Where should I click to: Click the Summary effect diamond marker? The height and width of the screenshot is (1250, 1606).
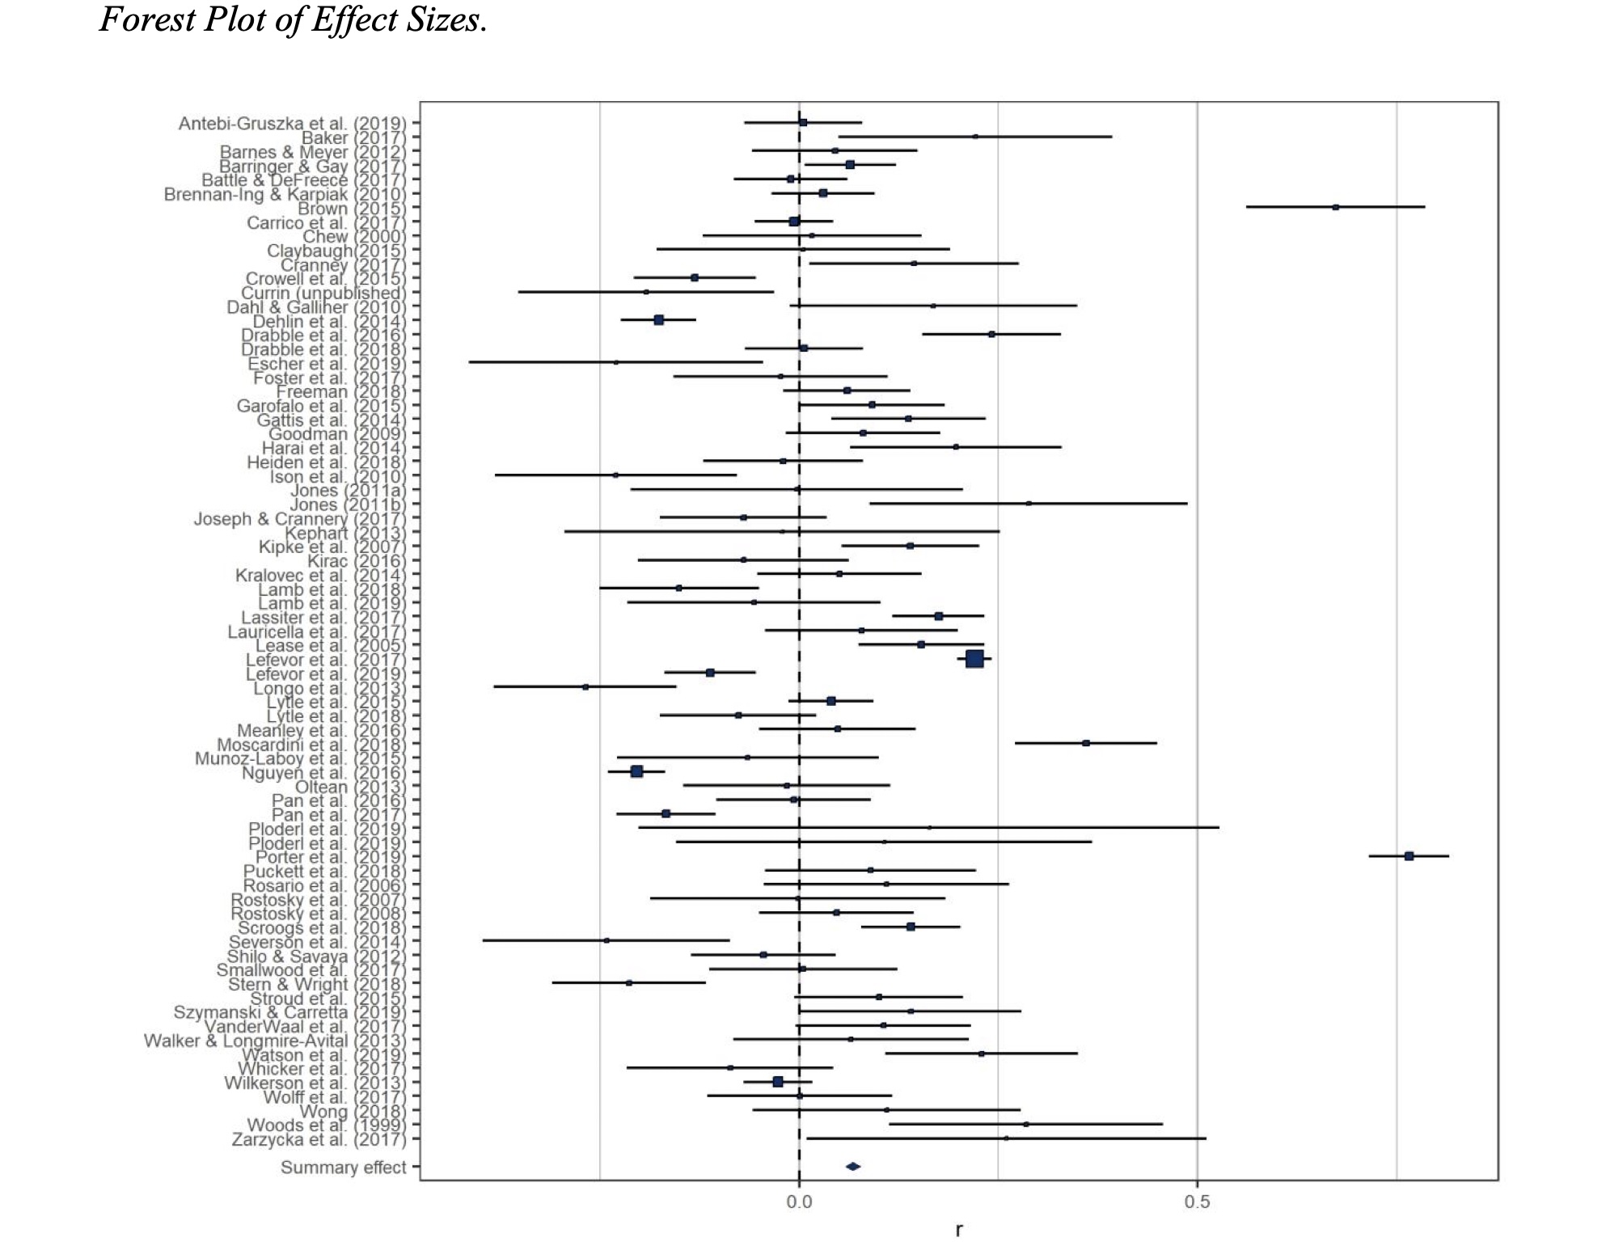coord(852,1166)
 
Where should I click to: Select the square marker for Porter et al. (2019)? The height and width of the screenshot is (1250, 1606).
coord(1409,855)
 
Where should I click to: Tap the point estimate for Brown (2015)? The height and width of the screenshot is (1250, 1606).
coord(1335,207)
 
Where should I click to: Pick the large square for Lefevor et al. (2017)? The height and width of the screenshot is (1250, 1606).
coord(974,659)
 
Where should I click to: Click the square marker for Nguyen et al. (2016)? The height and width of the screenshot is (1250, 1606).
coord(636,771)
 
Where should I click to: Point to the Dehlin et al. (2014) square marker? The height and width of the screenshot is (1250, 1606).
coord(658,320)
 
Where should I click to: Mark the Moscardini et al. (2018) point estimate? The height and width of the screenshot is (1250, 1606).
coord(1085,742)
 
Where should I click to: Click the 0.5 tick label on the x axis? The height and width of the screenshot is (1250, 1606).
coord(1197,1202)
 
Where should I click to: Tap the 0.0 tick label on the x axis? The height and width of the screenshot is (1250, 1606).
coord(799,1202)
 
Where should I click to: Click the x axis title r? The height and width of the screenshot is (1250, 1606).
coord(959,1230)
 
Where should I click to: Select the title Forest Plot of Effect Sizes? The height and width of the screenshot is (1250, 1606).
coord(293,19)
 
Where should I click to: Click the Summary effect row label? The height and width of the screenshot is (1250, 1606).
coord(343,1167)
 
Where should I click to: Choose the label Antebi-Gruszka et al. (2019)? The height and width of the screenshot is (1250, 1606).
coord(292,124)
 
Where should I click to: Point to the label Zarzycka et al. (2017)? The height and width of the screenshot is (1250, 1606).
coord(319,1139)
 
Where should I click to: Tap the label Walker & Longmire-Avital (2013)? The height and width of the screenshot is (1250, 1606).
coord(275,1041)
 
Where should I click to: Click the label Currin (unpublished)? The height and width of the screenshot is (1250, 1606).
coord(323,293)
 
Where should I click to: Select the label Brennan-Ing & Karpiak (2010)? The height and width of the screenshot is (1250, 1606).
coord(285,194)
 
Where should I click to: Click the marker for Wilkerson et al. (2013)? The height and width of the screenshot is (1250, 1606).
coord(778,1081)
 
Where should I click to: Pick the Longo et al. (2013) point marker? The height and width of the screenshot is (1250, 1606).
coord(585,686)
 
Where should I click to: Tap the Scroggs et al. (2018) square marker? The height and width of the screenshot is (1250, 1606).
coord(911,926)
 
